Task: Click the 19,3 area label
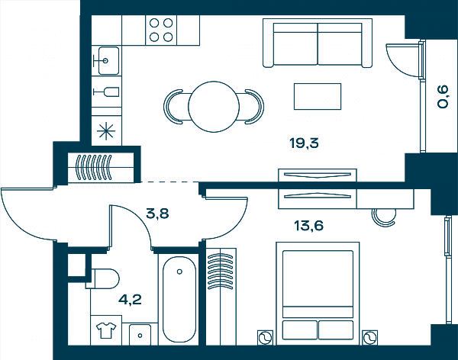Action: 304,143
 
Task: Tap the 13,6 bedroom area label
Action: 308,226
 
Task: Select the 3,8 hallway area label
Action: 157,214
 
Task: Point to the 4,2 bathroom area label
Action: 130,300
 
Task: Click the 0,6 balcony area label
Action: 443,96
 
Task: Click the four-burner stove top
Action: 161,30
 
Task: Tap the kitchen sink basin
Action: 108,61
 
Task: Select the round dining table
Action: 214,107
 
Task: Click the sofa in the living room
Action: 318,43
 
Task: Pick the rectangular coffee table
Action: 318,96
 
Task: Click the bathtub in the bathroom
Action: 179,299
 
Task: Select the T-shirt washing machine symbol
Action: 106,330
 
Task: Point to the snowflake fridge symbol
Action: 106,131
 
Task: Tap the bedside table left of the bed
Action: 265,338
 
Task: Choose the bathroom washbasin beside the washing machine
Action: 140,335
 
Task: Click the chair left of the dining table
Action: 173,107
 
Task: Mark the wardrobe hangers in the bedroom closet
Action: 221,272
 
